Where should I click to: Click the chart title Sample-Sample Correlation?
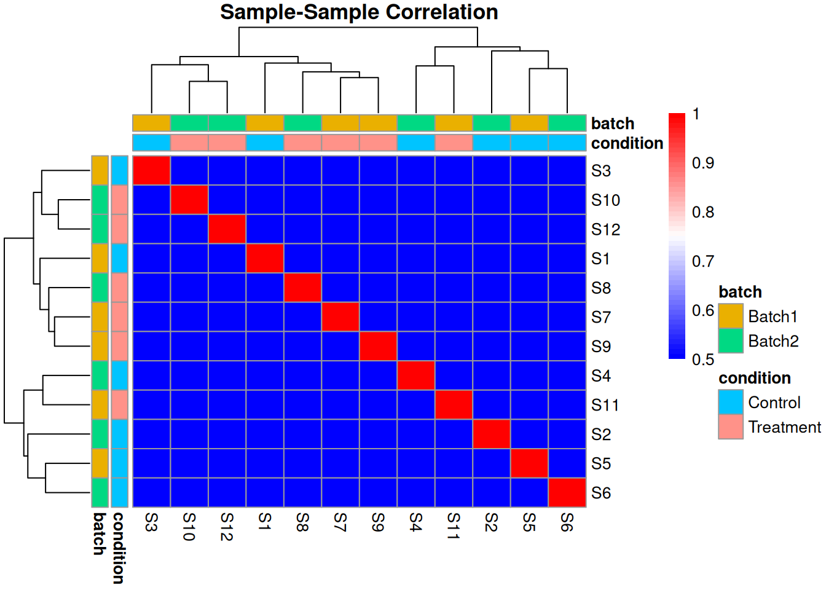point(359,12)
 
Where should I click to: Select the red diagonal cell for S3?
point(152,170)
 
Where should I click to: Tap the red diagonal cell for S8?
point(302,288)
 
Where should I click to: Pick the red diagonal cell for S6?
point(567,493)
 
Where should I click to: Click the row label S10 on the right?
point(605,200)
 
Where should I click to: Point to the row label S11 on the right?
point(605,405)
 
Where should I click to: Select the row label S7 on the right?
point(601,317)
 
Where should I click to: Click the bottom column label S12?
point(227,527)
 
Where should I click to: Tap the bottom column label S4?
point(416,522)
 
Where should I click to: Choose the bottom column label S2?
point(492,522)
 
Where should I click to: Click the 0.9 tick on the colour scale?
point(702,163)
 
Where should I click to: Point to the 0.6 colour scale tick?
point(702,310)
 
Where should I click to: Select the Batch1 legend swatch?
point(731,317)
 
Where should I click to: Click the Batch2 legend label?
point(773,341)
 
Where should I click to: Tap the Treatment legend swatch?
point(731,427)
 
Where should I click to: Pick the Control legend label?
point(774,403)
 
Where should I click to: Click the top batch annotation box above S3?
point(152,123)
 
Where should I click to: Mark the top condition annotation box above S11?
point(454,143)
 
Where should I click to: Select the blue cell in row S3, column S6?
point(567,170)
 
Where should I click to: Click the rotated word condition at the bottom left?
point(119,548)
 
